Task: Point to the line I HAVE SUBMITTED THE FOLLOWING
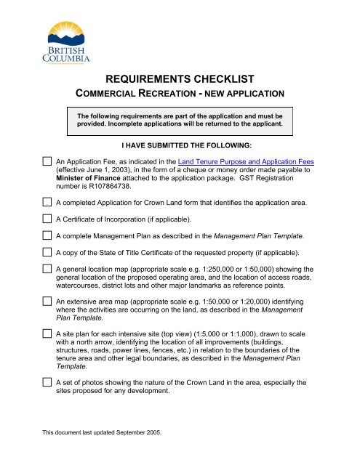click(180, 146)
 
